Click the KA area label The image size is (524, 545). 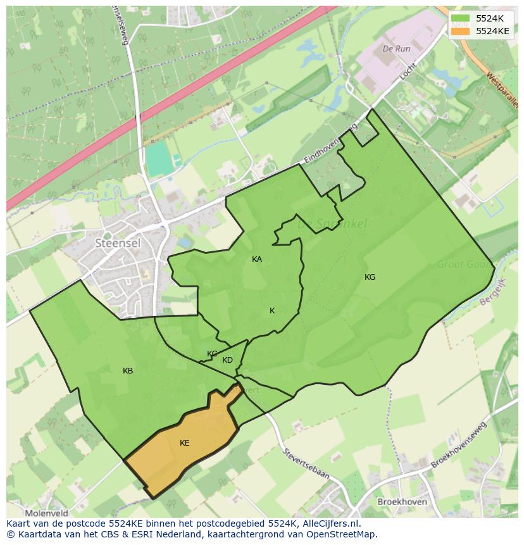[x=257, y=260]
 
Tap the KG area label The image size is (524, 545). [x=370, y=277]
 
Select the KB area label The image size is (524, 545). [x=128, y=371]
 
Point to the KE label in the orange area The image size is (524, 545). [x=185, y=443]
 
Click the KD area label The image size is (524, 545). [x=228, y=360]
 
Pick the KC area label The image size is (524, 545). [x=212, y=354]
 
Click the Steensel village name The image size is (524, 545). [x=117, y=242]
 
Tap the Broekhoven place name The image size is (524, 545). [x=401, y=502]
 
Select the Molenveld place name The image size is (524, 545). [x=46, y=513]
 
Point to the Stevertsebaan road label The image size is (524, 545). [x=306, y=463]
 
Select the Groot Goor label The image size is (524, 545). [x=464, y=265]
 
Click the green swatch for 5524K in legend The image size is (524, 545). [x=461, y=18]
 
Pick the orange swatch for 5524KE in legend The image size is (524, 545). [x=461, y=30]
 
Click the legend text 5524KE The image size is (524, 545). [x=492, y=30]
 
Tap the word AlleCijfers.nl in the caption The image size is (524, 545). [x=330, y=523]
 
